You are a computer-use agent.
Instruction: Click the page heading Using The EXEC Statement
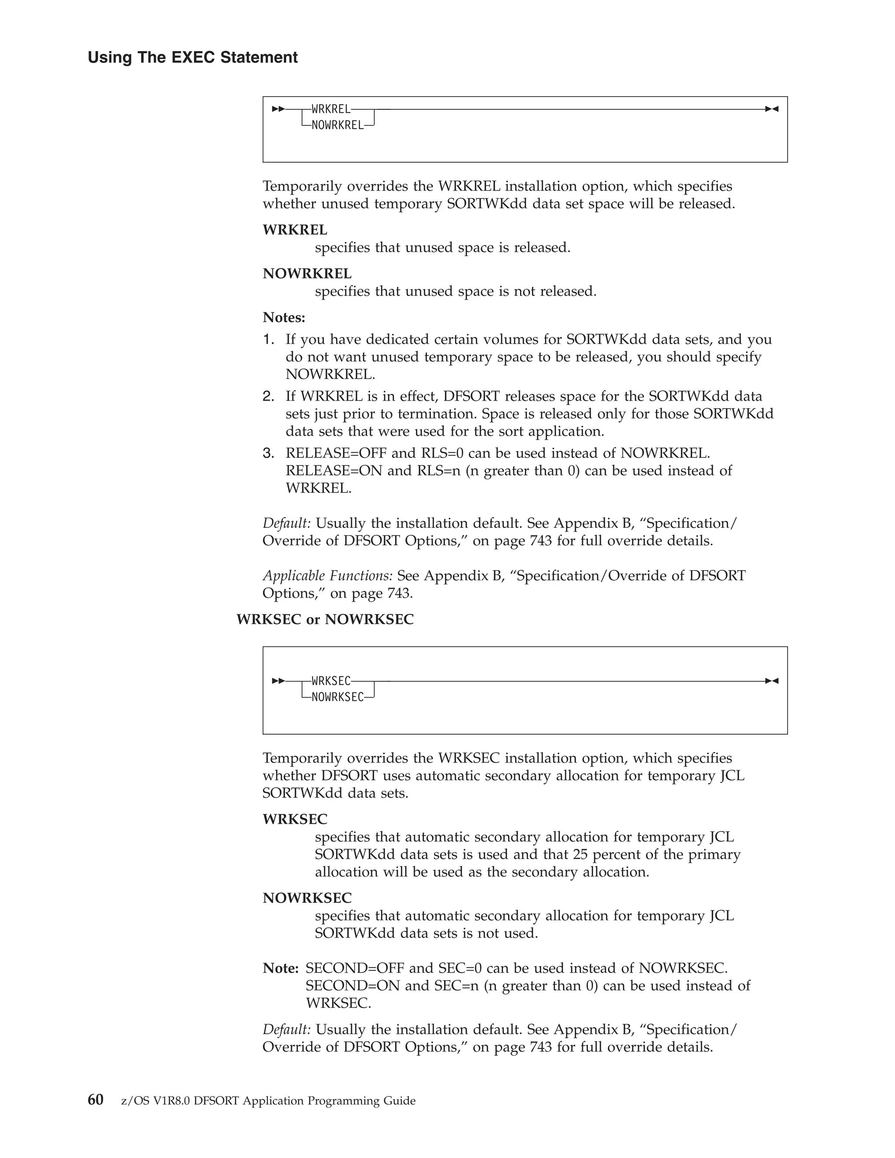(x=192, y=57)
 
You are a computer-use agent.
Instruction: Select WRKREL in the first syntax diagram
(x=331, y=109)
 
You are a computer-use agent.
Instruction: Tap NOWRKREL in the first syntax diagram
(x=337, y=126)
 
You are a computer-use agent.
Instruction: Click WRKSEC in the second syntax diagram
(x=331, y=681)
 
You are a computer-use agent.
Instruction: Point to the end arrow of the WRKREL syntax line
(x=771, y=109)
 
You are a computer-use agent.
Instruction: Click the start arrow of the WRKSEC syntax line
(x=278, y=681)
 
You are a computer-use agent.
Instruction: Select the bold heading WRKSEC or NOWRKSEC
(x=325, y=619)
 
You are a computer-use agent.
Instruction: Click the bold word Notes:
(x=284, y=318)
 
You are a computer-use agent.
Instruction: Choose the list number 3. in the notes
(x=268, y=453)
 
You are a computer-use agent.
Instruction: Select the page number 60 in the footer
(x=95, y=1100)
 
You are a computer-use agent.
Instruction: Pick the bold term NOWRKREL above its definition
(x=307, y=274)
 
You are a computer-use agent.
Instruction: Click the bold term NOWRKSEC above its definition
(x=307, y=898)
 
